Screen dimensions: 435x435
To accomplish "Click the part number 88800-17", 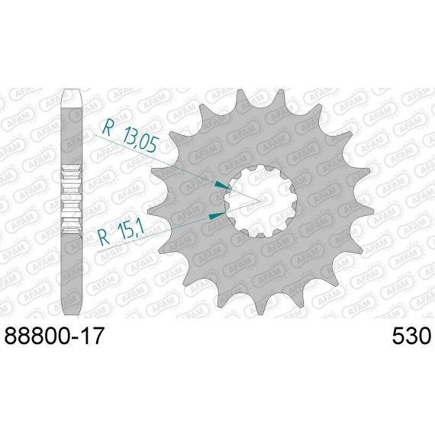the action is click(54, 335).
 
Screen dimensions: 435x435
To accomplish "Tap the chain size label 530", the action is click(411, 335).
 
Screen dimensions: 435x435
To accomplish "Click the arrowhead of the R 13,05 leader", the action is click(224, 185).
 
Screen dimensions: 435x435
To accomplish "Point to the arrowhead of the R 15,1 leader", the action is click(217, 215).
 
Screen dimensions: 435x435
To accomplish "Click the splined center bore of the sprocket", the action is click(261, 201).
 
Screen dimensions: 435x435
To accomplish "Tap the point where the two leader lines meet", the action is click(260, 201).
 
